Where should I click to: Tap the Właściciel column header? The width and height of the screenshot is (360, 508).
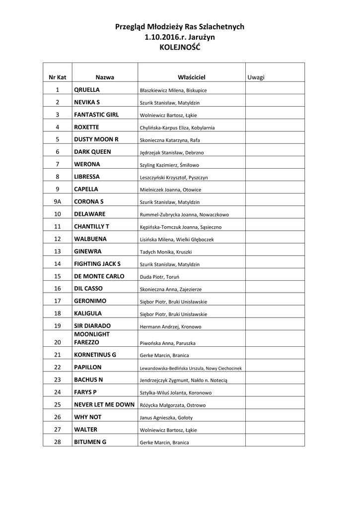[x=191, y=77]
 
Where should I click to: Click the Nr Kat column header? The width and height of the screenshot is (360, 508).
[x=58, y=77]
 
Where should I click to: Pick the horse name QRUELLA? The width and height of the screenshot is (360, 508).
[x=87, y=90]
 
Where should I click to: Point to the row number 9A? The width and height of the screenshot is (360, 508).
[x=58, y=201]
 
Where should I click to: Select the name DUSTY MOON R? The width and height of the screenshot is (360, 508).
[x=96, y=139]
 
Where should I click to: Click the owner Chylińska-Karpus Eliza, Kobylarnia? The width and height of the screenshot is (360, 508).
[x=177, y=128]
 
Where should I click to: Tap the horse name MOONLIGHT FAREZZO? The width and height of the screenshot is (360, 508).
[x=92, y=338]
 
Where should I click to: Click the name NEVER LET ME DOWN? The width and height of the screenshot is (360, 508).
[x=104, y=404]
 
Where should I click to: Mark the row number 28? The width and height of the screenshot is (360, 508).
[x=58, y=442]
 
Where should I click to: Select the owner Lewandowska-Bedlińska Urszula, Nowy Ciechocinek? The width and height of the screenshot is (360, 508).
[x=191, y=368]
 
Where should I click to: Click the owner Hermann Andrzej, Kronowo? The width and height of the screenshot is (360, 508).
[x=170, y=327]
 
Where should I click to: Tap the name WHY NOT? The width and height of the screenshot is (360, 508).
[x=88, y=417]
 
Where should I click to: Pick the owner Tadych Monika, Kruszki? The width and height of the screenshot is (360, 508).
[x=166, y=252]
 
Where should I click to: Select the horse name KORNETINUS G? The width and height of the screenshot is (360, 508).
[x=95, y=355]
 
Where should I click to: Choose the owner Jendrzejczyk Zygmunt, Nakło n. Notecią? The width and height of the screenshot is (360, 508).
[x=183, y=381]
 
